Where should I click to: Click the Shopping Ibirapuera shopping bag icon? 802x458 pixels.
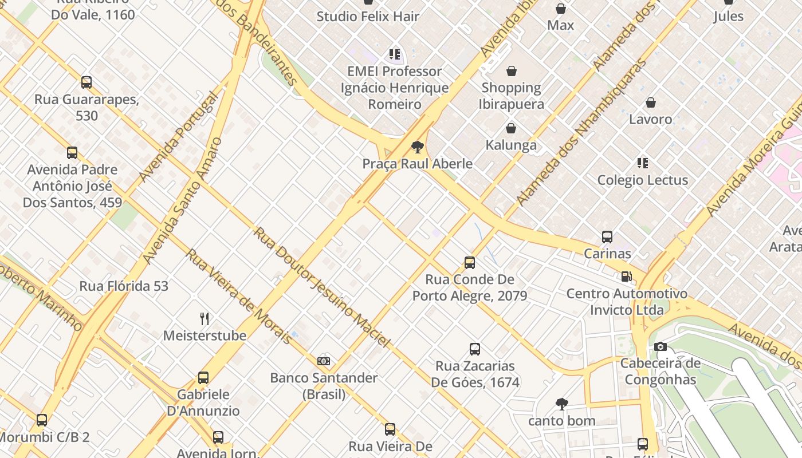pyautogui.click(x=511, y=71)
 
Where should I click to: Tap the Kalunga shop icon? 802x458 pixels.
pyautogui.click(x=510, y=128)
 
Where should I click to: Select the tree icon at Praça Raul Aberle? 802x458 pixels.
pyautogui.click(x=417, y=147)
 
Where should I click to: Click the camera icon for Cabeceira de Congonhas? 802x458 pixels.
pyautogui.click(x=660, y=346)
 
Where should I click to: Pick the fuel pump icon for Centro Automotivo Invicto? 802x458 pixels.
pyautogui.click(x=626, y=277)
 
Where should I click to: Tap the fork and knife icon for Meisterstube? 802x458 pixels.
pyautogui.click(x=205, y=318)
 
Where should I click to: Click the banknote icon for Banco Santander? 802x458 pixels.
pyautogui.click(x=324, y=361)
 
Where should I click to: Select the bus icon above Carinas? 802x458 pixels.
pyautogui.click(x=607, y=236)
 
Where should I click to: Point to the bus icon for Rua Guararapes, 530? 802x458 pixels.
pyautogui.click(x=87, y=82)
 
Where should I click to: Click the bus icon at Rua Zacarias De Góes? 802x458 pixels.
pyautogui.click(x=474, y=349)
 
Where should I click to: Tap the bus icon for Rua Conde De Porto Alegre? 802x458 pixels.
pyautogui.click(x=470, y=263)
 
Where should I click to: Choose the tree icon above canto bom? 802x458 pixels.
pyautogui.click(x=561, y=404)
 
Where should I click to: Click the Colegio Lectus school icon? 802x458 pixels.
pyautogui.click(x=643, y=163)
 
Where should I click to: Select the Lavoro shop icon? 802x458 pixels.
pyautogui.click(x=650, y=103)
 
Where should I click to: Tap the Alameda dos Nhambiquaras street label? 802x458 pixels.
pyautogui.click(x=581, y=132)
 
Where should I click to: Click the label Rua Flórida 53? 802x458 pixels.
pyautogui.click(x=124, y=286)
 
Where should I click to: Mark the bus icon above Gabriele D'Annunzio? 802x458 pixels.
pyautogui.click(x=203, y=378)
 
